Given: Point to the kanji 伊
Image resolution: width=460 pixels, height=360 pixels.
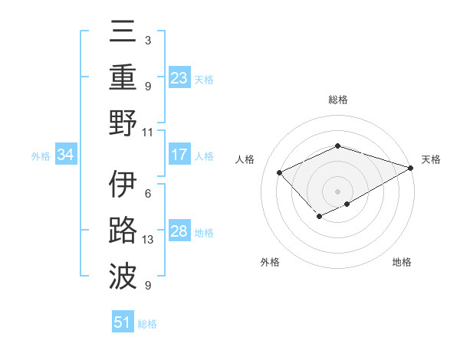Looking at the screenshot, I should (x=123, y=185).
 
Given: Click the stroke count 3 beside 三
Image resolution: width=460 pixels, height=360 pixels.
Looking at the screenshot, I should (x=147, y=40).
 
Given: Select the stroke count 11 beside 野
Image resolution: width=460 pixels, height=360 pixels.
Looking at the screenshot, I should (x=148, y=132).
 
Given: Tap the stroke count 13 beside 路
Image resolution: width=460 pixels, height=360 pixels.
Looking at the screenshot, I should (x=148, y=240).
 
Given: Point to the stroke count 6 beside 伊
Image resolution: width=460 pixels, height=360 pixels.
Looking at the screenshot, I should (x=147, y=194).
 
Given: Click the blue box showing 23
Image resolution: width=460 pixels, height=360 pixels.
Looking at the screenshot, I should (x=179, y=77).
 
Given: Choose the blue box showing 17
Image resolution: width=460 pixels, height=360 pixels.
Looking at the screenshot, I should (x=179, y=155).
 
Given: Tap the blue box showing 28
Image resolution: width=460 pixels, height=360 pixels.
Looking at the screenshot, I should (x=179, y=231).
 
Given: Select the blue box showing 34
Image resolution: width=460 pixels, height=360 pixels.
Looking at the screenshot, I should (x=66, y=155).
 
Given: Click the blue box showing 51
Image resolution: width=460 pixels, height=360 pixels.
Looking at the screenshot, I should (x=123, y=322).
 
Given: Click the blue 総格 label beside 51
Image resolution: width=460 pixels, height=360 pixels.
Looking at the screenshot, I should (x=147, y=324).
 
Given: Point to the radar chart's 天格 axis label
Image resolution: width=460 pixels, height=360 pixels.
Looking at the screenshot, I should (x=431, y=159).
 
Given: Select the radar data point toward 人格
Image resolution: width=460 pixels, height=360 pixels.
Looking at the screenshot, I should (x=280, y=172).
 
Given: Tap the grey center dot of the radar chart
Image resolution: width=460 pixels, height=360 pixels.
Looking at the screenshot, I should (x=337, y=191).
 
